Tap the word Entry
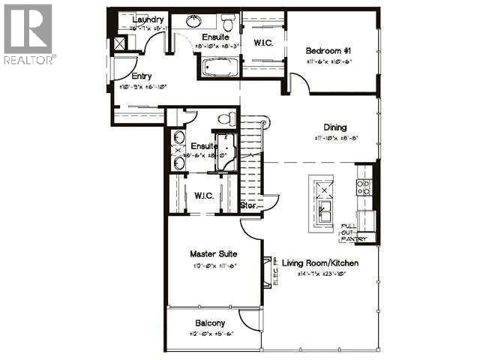pos(142,76)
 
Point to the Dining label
pos(334,127)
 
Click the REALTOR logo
pos(28,34)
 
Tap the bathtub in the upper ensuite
pos(218,69)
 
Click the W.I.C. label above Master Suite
pos(204,196)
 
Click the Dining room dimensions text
pos(334,138)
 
